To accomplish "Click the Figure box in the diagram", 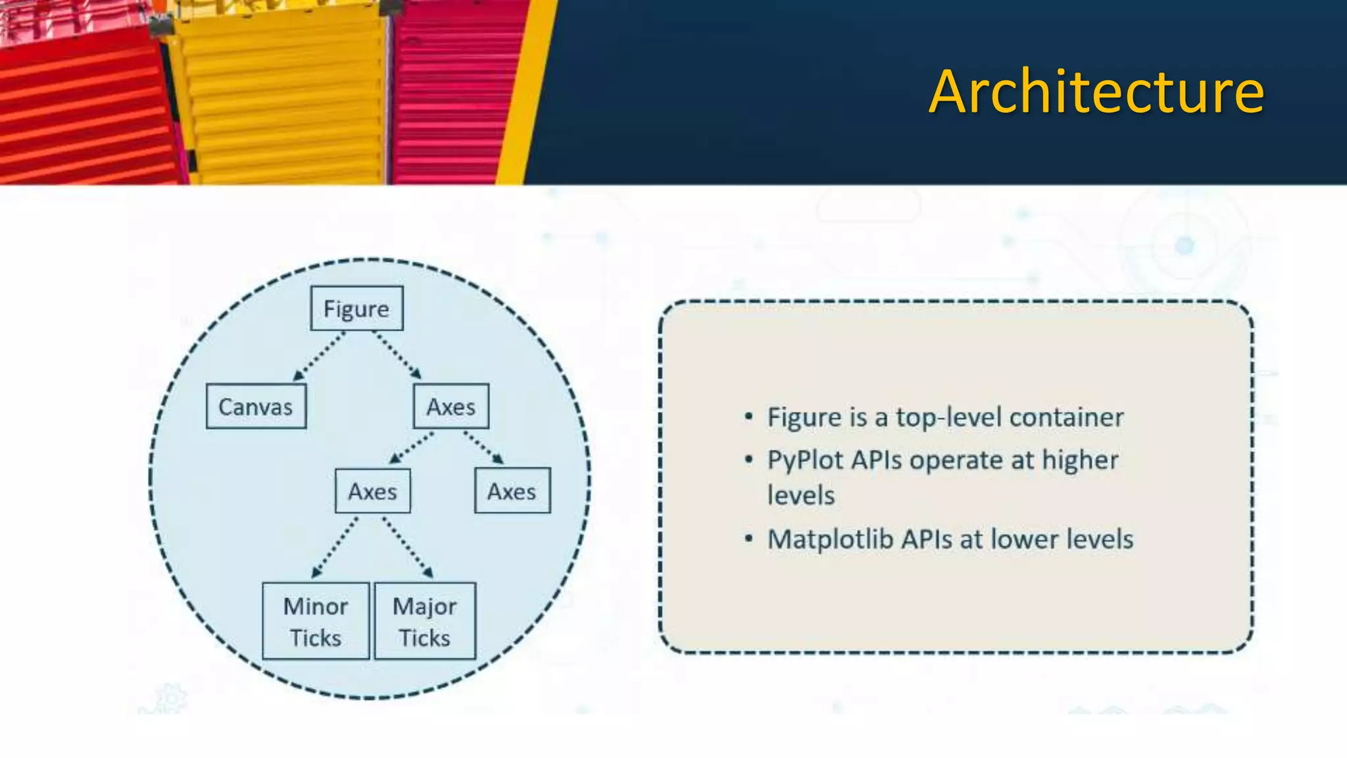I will [x=356, y=309].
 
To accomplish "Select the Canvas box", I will [x=256, y=407].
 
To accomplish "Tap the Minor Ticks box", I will [x=316, y=621].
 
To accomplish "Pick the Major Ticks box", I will [x=425, y=621].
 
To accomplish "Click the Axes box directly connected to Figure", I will [x=451, y=407].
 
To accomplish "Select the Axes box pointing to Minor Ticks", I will [x=372, y=491].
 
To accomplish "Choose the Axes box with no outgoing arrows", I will [x=512, y=491].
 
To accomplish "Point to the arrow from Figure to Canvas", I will [x=320, y=356].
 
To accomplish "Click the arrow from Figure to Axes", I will [x=397, y=355].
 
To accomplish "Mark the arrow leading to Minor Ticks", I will [x=335, y=547].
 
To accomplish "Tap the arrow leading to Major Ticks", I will [x=408, y=547].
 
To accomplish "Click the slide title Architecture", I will [x=1096, y=92].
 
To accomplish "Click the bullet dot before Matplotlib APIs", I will [x=748, y=539].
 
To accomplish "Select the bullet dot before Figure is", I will [x=748, y=417].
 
